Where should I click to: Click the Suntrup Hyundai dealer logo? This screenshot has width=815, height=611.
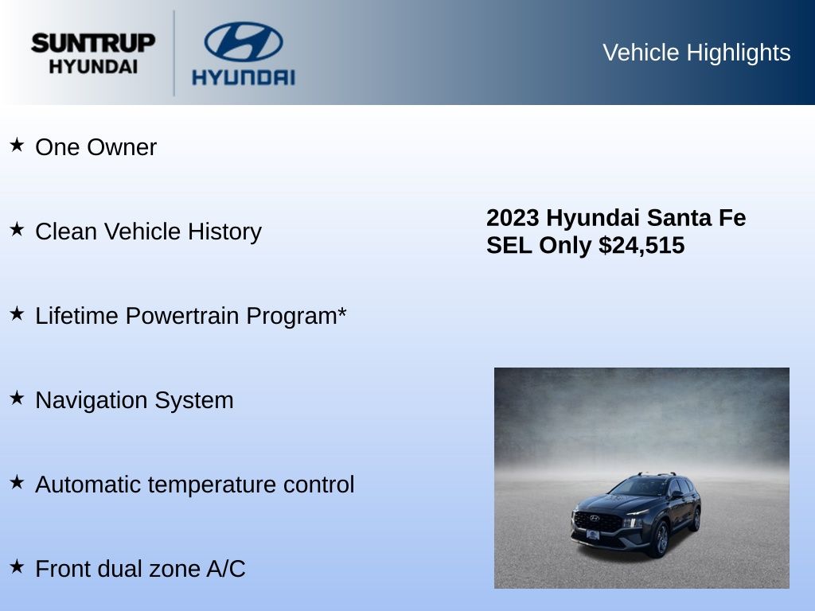tap(93, 53)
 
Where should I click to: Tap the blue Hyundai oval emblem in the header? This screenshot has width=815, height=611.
tap(244, 41)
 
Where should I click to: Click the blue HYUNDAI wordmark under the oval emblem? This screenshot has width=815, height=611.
tap(244, 77)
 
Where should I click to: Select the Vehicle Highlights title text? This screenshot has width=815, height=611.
tap(696, 53)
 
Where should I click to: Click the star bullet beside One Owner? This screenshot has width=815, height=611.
tap(18, 145)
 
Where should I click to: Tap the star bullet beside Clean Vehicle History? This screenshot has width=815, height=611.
tap(18, 229)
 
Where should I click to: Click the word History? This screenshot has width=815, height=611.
tap(224, 232)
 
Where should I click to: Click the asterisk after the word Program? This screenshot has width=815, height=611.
tap(341, 311)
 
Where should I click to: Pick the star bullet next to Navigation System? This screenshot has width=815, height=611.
tap(18, 398)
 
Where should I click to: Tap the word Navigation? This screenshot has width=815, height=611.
tap(92, 400)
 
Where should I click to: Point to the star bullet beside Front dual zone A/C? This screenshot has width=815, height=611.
tap(18, 566)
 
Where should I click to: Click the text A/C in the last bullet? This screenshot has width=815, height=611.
tap(226, 568)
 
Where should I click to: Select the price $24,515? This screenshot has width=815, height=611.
tap(641, 245)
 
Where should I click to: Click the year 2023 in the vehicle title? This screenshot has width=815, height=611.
tap(513, 218)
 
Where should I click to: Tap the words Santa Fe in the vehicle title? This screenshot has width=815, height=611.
tap(696, 218)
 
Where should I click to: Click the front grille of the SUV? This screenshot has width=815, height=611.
tap(598, 520)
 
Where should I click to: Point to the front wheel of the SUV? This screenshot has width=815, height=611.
tap(661, 539)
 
